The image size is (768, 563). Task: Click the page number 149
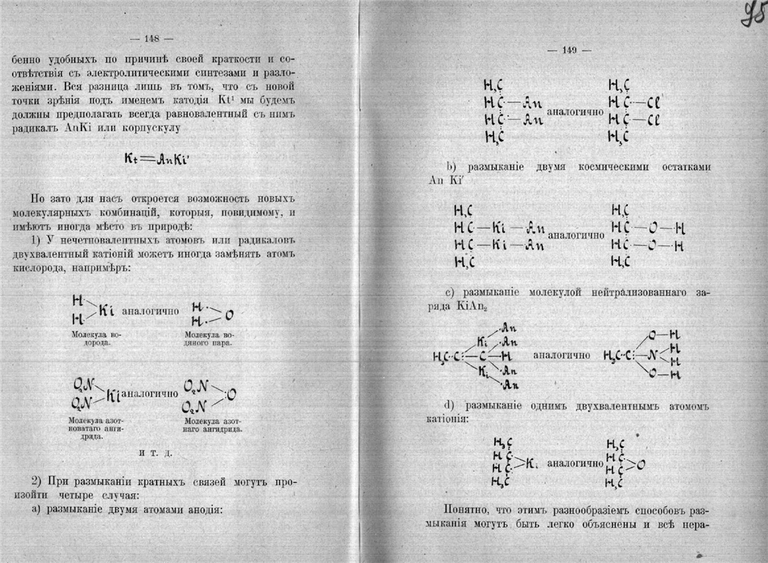pos(570,50)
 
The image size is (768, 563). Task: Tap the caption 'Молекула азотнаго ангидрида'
pos(214,424)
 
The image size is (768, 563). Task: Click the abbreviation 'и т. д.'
pos(155,453)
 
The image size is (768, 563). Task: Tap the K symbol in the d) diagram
pos(531,465)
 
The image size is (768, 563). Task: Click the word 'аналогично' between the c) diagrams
pos(562,355)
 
